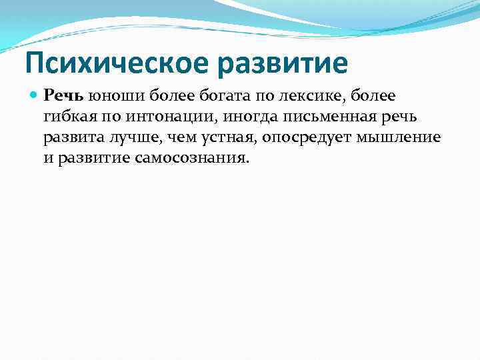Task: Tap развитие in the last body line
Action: coord(89,160)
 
